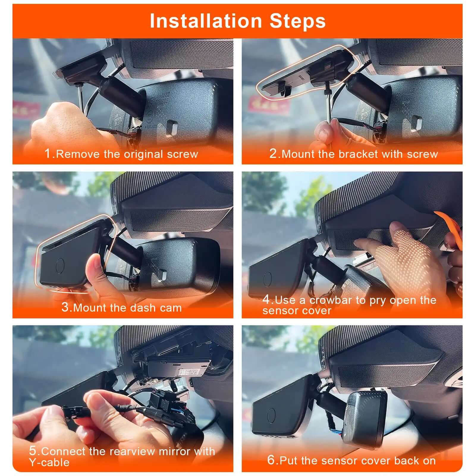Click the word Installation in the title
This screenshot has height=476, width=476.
coord(205,21)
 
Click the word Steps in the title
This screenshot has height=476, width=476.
coord(297,21)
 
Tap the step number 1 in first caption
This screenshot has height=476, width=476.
coord(48,154)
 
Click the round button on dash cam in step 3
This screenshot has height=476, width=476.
coord(60,266)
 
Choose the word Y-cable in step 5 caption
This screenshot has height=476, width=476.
coord(49,462)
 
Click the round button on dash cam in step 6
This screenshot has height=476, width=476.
coord(271,415)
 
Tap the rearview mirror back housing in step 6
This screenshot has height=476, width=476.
coord(367,419)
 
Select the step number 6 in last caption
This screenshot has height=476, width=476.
coord(271,460)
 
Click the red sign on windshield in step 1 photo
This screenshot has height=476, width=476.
coord(26,109)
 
